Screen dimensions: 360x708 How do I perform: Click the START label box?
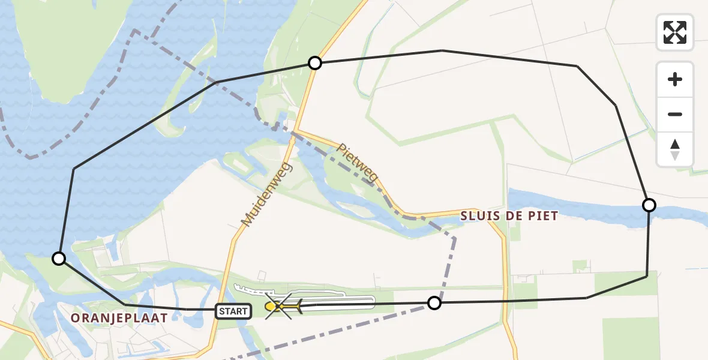click(233, 311)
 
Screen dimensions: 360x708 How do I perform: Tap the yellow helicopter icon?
click(281, 307)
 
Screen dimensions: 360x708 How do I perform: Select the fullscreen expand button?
click(675, 32)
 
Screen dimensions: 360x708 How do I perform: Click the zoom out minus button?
click(675, 114)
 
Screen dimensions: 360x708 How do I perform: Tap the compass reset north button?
click(675, 149)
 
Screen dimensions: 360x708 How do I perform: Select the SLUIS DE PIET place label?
click(509, 216)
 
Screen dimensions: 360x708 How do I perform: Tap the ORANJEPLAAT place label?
click(118, 319)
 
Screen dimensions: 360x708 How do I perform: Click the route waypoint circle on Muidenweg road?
click(314, 63)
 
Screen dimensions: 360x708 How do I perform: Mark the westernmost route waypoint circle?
click(59, 259)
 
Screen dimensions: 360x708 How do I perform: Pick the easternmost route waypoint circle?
click(649, 205)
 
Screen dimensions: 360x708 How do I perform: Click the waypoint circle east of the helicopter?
click(434, 303)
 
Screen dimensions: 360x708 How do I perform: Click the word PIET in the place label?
click(544, 216)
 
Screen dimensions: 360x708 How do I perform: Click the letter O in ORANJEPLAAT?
click(76, 319)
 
